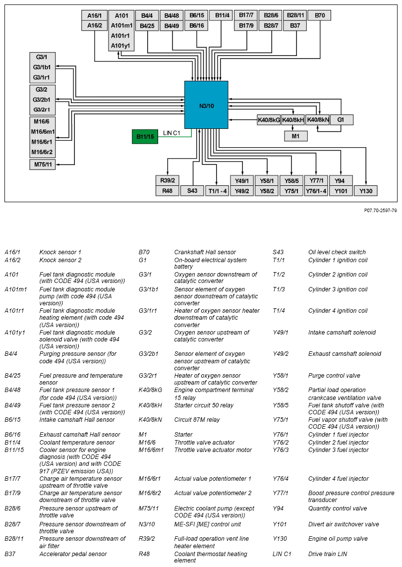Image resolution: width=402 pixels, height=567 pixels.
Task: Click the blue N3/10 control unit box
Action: click(x=206, y=105)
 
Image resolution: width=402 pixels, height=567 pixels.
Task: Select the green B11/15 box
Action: click(x=145, y=136)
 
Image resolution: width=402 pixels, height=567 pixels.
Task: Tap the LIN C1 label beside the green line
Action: click(x=172, y=133)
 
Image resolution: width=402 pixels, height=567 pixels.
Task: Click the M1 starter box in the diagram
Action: click(x=295, y=136)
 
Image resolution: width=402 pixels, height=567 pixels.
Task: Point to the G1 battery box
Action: click(x=341, y=120)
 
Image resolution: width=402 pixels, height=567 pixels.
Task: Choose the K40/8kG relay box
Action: click(x=268, y=120)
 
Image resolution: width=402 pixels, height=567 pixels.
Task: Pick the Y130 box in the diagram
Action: click(x=366, y=191)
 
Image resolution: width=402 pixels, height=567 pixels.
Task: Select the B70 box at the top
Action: click(x=320, y=15)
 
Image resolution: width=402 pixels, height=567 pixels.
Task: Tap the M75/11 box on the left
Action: click(x=42, y=165)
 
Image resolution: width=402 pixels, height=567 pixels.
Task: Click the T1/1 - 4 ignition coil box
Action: click(x=218, y=191)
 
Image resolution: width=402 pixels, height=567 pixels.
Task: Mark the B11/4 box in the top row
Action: click(x=221, y=15)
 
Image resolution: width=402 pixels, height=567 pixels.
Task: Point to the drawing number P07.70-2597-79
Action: click(x=380, y=211)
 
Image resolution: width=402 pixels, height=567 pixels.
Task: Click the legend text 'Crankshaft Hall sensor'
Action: click(x=205, y=252)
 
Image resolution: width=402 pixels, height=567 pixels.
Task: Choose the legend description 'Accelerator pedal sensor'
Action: click(x=73, y=554)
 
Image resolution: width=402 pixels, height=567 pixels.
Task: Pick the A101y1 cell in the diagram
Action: click(x=121, y=46)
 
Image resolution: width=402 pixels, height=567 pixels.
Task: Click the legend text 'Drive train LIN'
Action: click(x=328, y=554)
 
